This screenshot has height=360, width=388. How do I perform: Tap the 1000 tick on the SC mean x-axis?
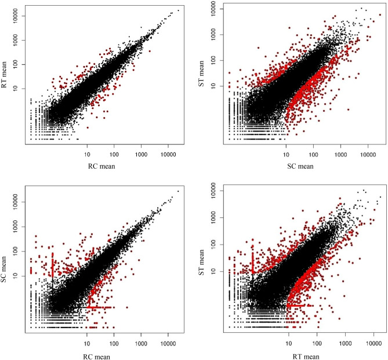point(340,155)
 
